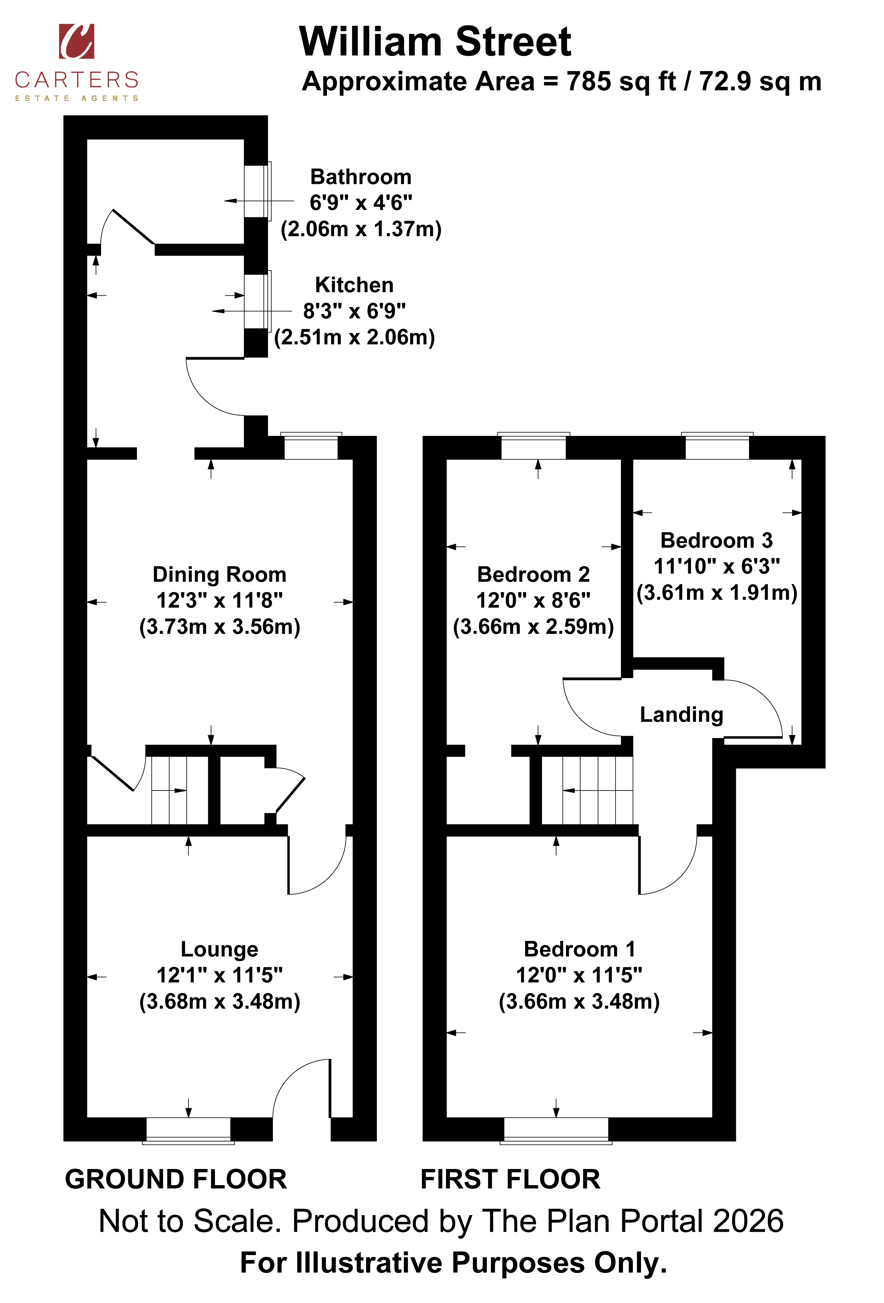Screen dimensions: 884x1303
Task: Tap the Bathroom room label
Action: pos(361,177)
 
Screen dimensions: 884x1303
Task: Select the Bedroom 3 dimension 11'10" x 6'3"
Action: pos(717,566)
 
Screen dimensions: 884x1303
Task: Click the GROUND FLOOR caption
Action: pos(175,1179)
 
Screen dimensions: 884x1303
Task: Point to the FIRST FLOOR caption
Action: pos(510,1179)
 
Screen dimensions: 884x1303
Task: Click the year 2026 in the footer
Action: pos(748,1221)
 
